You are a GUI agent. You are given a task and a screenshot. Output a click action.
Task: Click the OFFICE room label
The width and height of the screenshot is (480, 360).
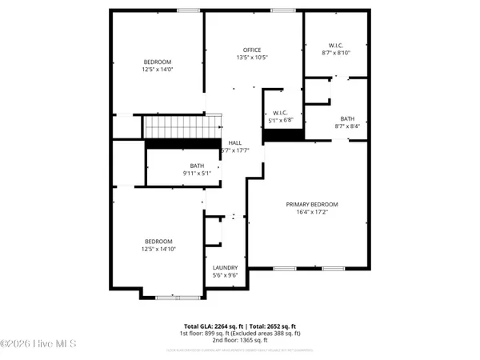252,50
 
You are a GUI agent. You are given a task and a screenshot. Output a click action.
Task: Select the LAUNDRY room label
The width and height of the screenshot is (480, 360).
226,268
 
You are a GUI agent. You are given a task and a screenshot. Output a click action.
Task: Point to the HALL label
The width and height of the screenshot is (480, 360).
235,142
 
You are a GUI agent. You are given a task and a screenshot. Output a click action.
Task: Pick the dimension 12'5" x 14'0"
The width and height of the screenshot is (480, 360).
158,70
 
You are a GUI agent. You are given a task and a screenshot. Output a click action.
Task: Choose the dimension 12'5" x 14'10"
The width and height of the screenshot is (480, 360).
158,249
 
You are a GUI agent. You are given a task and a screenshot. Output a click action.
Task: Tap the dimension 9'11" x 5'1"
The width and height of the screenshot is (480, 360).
175,174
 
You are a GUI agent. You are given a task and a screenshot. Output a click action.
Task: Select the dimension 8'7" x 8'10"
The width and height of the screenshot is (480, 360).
335,53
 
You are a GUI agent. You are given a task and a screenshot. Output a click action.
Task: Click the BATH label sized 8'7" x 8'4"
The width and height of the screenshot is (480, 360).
346,118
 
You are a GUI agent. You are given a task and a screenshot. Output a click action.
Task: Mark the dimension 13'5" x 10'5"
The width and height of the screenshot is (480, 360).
252,58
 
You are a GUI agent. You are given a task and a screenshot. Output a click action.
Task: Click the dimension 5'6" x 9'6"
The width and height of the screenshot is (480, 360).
226,276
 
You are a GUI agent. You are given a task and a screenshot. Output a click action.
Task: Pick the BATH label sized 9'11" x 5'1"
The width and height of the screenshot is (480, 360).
174,166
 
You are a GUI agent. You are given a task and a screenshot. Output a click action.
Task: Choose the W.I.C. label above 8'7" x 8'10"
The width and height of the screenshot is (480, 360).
335,45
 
